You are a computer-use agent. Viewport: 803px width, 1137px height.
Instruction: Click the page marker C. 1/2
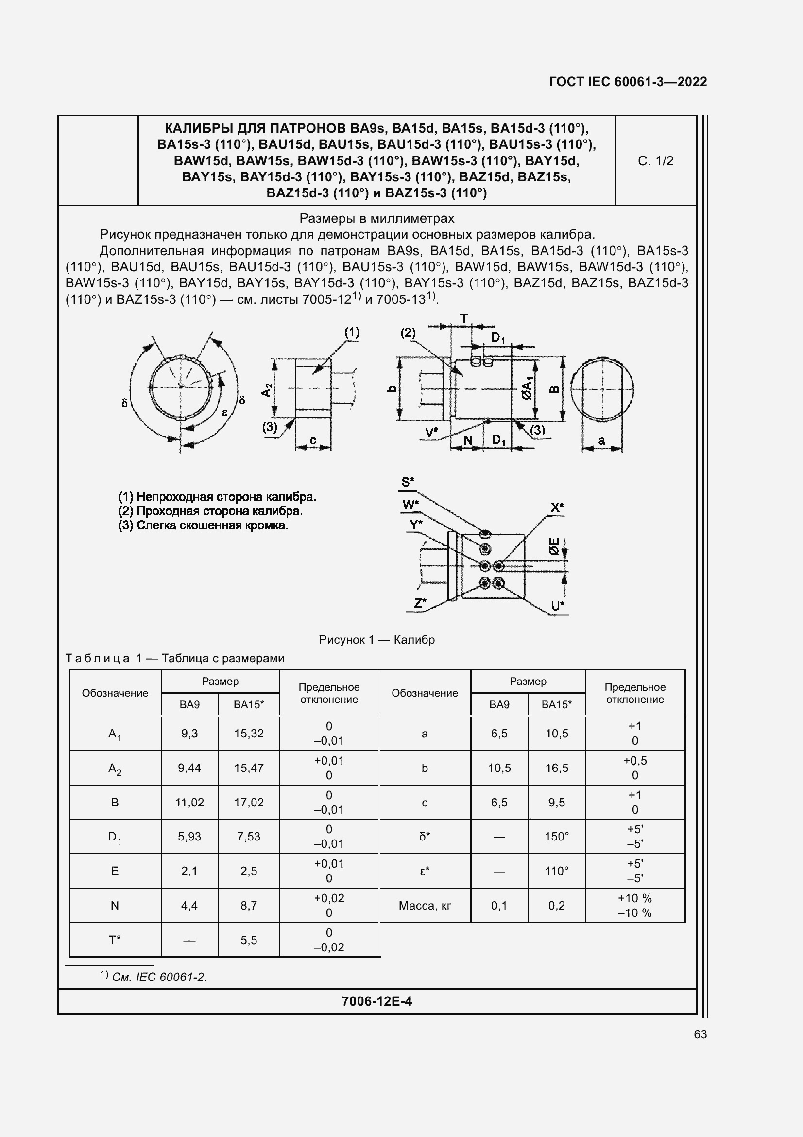coord(655,161)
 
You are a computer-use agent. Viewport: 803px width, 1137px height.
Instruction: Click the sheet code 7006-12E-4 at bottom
coord(376,1001)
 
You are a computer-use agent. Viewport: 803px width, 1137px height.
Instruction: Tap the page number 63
coord(700,1034)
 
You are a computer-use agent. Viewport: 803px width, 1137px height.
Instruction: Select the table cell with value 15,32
coord(248,734)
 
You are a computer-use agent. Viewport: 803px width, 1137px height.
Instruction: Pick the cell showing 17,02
coord(248,802)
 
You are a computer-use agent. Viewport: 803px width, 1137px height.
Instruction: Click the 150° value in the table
coord(557,837)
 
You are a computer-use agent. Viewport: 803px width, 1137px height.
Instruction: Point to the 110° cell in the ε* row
coord(557,871)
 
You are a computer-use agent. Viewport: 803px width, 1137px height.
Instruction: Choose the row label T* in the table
coord(115,940)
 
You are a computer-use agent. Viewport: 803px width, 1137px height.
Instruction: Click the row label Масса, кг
coord(425,906)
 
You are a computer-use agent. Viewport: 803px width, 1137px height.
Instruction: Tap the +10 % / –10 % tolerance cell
coord(635,906)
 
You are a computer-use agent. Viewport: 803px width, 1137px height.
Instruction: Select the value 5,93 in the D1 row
coord(189,837)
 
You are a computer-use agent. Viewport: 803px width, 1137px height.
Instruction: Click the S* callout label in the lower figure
coord(408,482)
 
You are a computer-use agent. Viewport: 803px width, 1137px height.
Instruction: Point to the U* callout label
coord(558,606)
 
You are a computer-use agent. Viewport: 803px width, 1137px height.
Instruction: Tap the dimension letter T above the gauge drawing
coord(463,318)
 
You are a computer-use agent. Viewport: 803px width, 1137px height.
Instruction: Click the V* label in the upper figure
coord(431,433)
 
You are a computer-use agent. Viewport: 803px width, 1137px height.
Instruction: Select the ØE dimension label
coord(554,547)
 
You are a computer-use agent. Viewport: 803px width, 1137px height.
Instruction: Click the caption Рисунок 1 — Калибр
coord(376,640)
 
